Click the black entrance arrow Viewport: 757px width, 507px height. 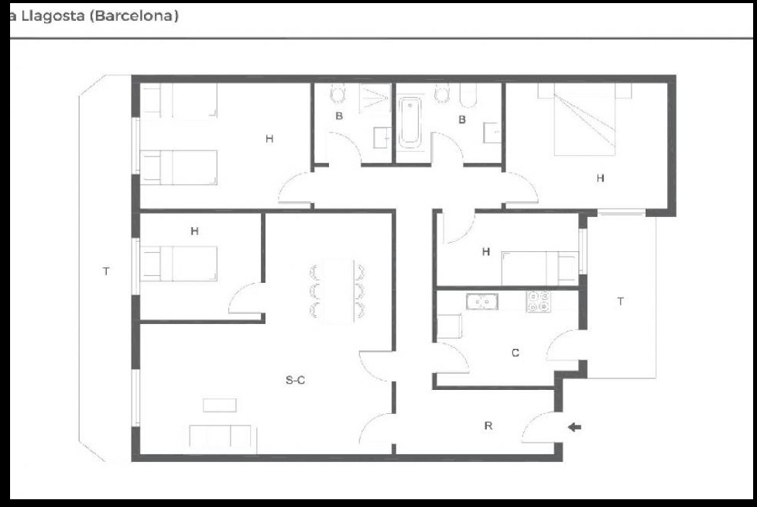pos(574,427)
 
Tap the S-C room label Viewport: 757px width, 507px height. pos(295,381)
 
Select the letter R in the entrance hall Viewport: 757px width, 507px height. pos(488,426)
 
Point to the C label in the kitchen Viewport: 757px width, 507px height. pos(516,353)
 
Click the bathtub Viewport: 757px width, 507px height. pos(410,122)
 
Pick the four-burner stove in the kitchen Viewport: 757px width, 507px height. pos(538,301)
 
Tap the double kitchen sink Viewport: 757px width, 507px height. pos(482,302)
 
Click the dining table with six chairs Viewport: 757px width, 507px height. pos(337,291)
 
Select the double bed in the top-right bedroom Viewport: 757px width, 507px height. pos(584,119)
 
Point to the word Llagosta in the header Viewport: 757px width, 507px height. pos(53,16)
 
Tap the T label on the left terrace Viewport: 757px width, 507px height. pos(106,271)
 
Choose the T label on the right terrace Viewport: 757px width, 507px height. pos(620,301)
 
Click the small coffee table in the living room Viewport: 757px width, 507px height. pos(220,405)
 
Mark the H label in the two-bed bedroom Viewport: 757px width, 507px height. pos(269,139)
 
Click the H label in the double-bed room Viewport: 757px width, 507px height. pos(600,178)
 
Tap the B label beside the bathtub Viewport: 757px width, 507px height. pos(462,119)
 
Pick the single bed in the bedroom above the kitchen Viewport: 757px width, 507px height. pos(539,268)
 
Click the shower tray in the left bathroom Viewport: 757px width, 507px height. pos(375,98)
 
